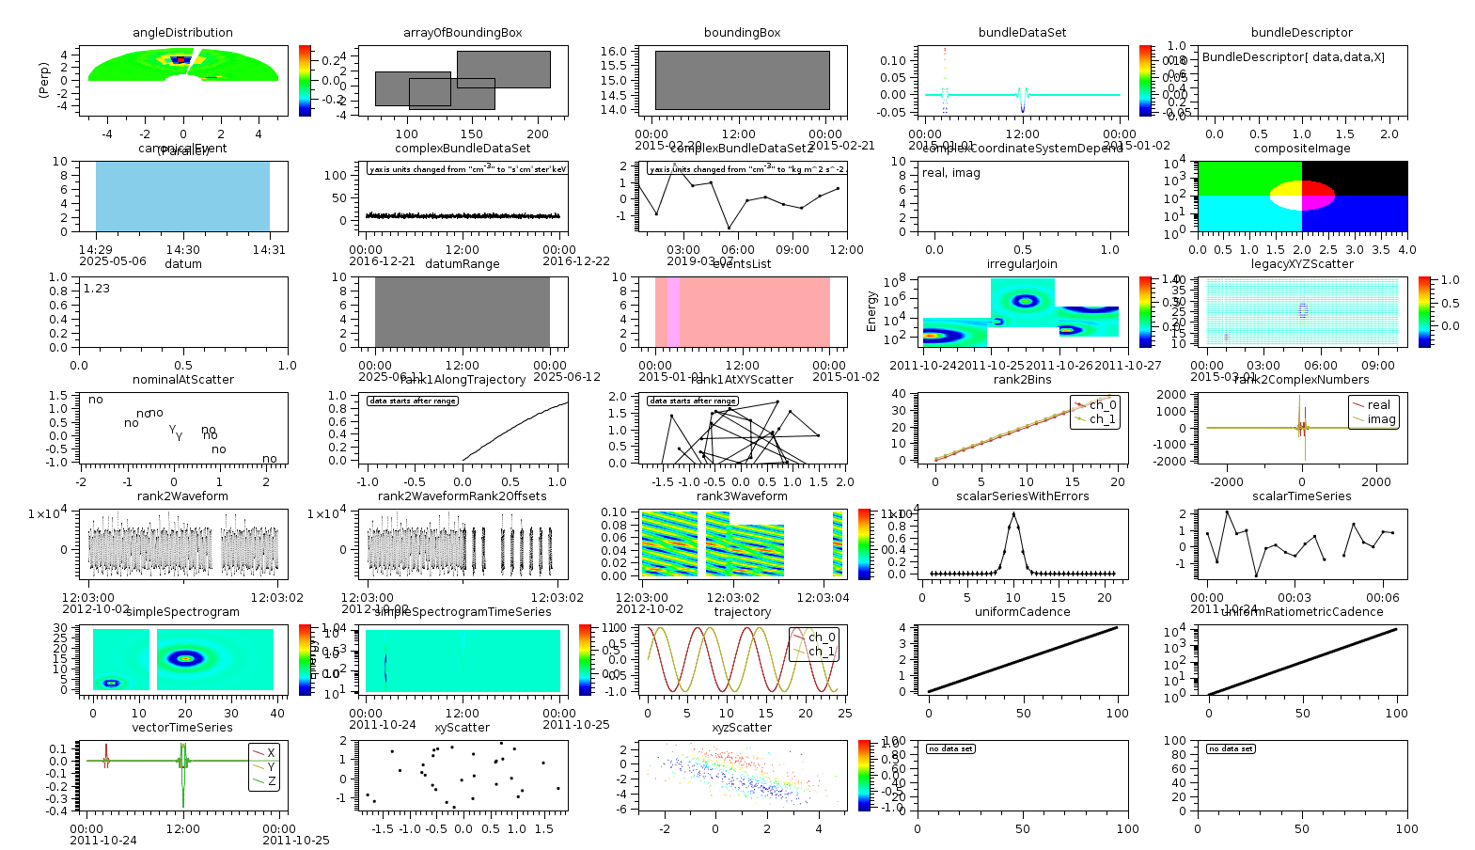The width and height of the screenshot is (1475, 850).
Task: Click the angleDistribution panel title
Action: [182, 33]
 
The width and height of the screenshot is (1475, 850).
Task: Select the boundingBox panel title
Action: [742, 33]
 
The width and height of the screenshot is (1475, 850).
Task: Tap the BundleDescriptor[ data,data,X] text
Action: [1293, 57]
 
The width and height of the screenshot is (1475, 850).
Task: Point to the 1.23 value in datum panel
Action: [96, 289]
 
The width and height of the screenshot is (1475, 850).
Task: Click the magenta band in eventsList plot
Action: [673, 312]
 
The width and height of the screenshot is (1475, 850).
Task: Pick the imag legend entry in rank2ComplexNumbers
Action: [1381, 419]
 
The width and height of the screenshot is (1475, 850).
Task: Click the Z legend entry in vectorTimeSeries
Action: [271, 781]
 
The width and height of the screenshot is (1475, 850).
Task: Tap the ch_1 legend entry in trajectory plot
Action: [821, 651]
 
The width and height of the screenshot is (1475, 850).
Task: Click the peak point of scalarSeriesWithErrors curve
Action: [1013, 513]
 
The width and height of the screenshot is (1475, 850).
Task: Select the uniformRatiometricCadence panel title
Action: [1302, 612]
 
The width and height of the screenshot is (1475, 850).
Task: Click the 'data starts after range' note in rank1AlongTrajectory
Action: [412, 401]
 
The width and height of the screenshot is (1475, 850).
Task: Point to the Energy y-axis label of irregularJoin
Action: [871, 311]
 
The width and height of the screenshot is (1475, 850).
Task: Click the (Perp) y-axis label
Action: [43, 80]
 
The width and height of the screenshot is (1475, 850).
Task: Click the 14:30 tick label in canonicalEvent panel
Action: [182, 250]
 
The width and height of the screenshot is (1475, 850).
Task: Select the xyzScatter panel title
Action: [742, 728]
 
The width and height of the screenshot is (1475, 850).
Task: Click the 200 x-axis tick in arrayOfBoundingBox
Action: [537, 134]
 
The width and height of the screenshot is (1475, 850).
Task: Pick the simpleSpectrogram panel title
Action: [182, 612]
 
